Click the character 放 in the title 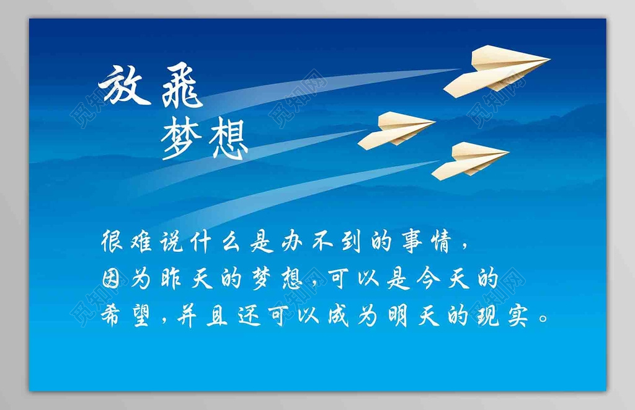(124, 86)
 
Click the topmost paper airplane (497, 71)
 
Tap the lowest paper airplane (470, 161)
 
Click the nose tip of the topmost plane (551, 60)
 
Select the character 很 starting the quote (112, 242)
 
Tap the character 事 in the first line (412, 242)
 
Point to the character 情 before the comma (442, 242)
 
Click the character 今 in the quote (427, 279)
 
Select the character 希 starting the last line (111, 315)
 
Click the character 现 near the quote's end (489, 316)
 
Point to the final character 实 (518, 316)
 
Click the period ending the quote (544, 318)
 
